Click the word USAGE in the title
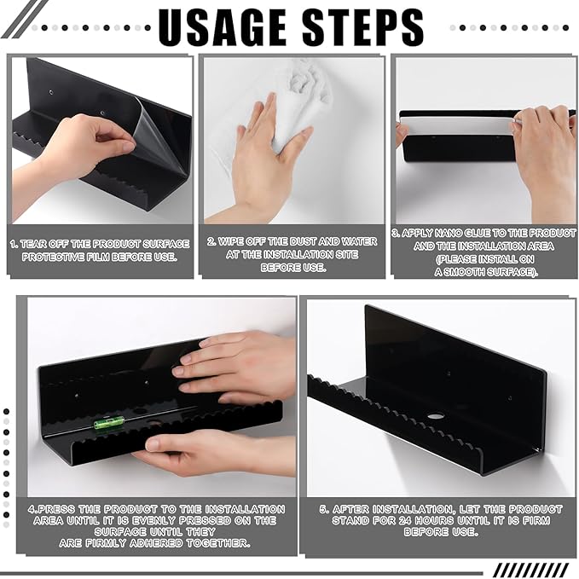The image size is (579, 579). [223, 27]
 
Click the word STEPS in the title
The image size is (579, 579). [363, 27]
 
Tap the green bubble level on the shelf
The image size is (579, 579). [105, 424]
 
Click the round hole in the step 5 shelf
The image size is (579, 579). [436, 416]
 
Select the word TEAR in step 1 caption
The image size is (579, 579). [33, 244]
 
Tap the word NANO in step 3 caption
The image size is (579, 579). [448, 233]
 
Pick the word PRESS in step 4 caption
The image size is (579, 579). [56, 509]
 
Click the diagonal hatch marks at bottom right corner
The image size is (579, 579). [531, 570]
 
